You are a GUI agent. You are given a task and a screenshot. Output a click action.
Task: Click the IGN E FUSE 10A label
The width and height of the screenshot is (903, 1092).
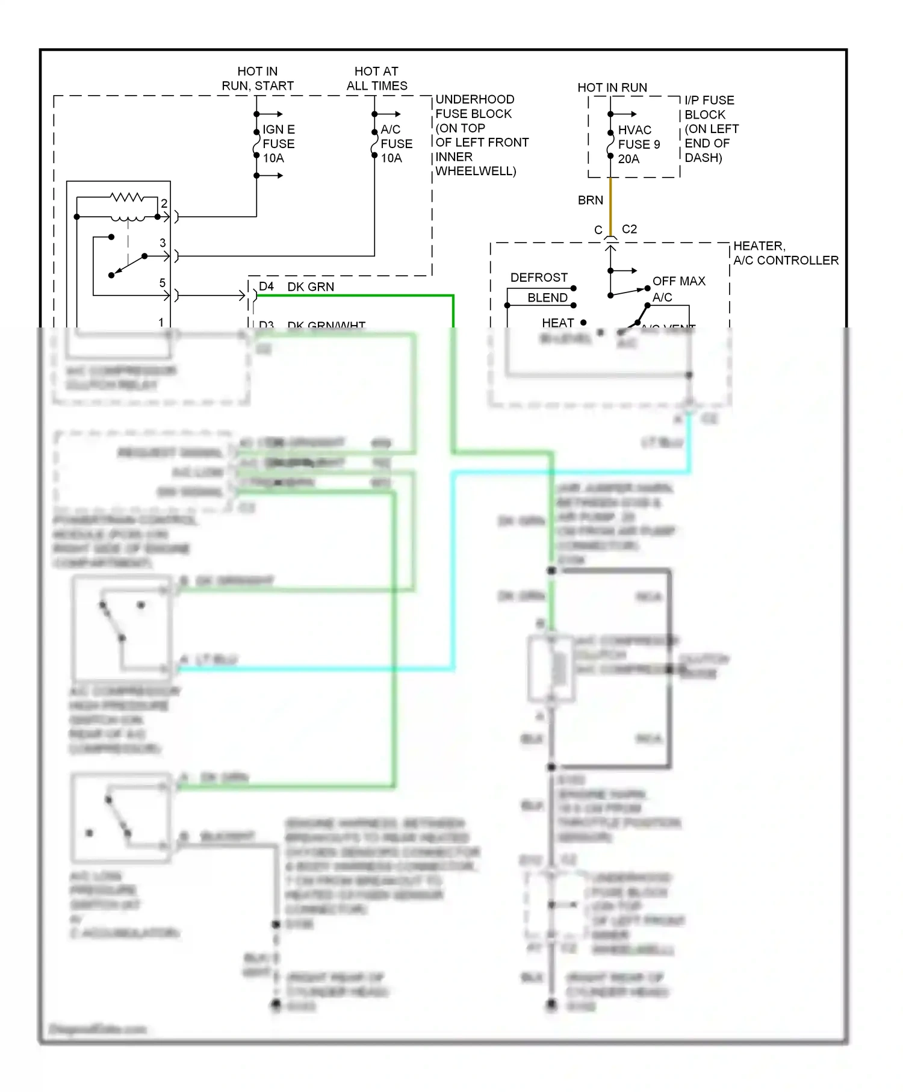[278, 144]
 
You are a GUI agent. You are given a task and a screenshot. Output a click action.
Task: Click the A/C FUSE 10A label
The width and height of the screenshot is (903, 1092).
[396, 144]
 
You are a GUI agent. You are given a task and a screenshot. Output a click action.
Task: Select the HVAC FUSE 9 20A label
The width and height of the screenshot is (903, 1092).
[638, 144]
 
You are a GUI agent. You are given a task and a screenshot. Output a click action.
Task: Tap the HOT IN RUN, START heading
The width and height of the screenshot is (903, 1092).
[258, 79]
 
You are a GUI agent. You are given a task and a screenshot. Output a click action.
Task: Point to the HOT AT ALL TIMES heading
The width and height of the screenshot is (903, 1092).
[377, 79]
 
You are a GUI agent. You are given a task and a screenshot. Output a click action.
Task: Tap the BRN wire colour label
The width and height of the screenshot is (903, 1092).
[590, 200]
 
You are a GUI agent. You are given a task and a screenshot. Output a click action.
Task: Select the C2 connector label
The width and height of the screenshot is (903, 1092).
[629, 229]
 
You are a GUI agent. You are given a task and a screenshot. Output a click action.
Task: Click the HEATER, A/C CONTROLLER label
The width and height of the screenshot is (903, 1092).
[785, 253]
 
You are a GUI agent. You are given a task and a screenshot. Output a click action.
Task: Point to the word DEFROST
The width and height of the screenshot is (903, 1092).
[539, 278]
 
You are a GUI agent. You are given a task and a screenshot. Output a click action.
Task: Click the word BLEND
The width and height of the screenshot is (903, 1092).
[547, 298]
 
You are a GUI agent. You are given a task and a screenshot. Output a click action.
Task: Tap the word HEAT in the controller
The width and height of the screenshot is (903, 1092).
[557, 323]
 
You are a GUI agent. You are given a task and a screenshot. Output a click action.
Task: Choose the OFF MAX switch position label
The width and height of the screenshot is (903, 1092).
[678, 281]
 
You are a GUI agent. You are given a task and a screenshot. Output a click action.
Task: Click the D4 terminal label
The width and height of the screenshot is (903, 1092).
[266, 287]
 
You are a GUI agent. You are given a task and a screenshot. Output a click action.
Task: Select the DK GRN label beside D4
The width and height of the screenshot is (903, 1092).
[311, 287]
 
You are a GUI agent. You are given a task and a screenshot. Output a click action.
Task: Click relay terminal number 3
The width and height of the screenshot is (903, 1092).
[163, 243]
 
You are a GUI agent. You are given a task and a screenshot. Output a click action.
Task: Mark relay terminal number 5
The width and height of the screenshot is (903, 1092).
[162, 283]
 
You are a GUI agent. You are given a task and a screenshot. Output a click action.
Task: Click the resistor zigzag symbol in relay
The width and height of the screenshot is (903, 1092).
[126, 197]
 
